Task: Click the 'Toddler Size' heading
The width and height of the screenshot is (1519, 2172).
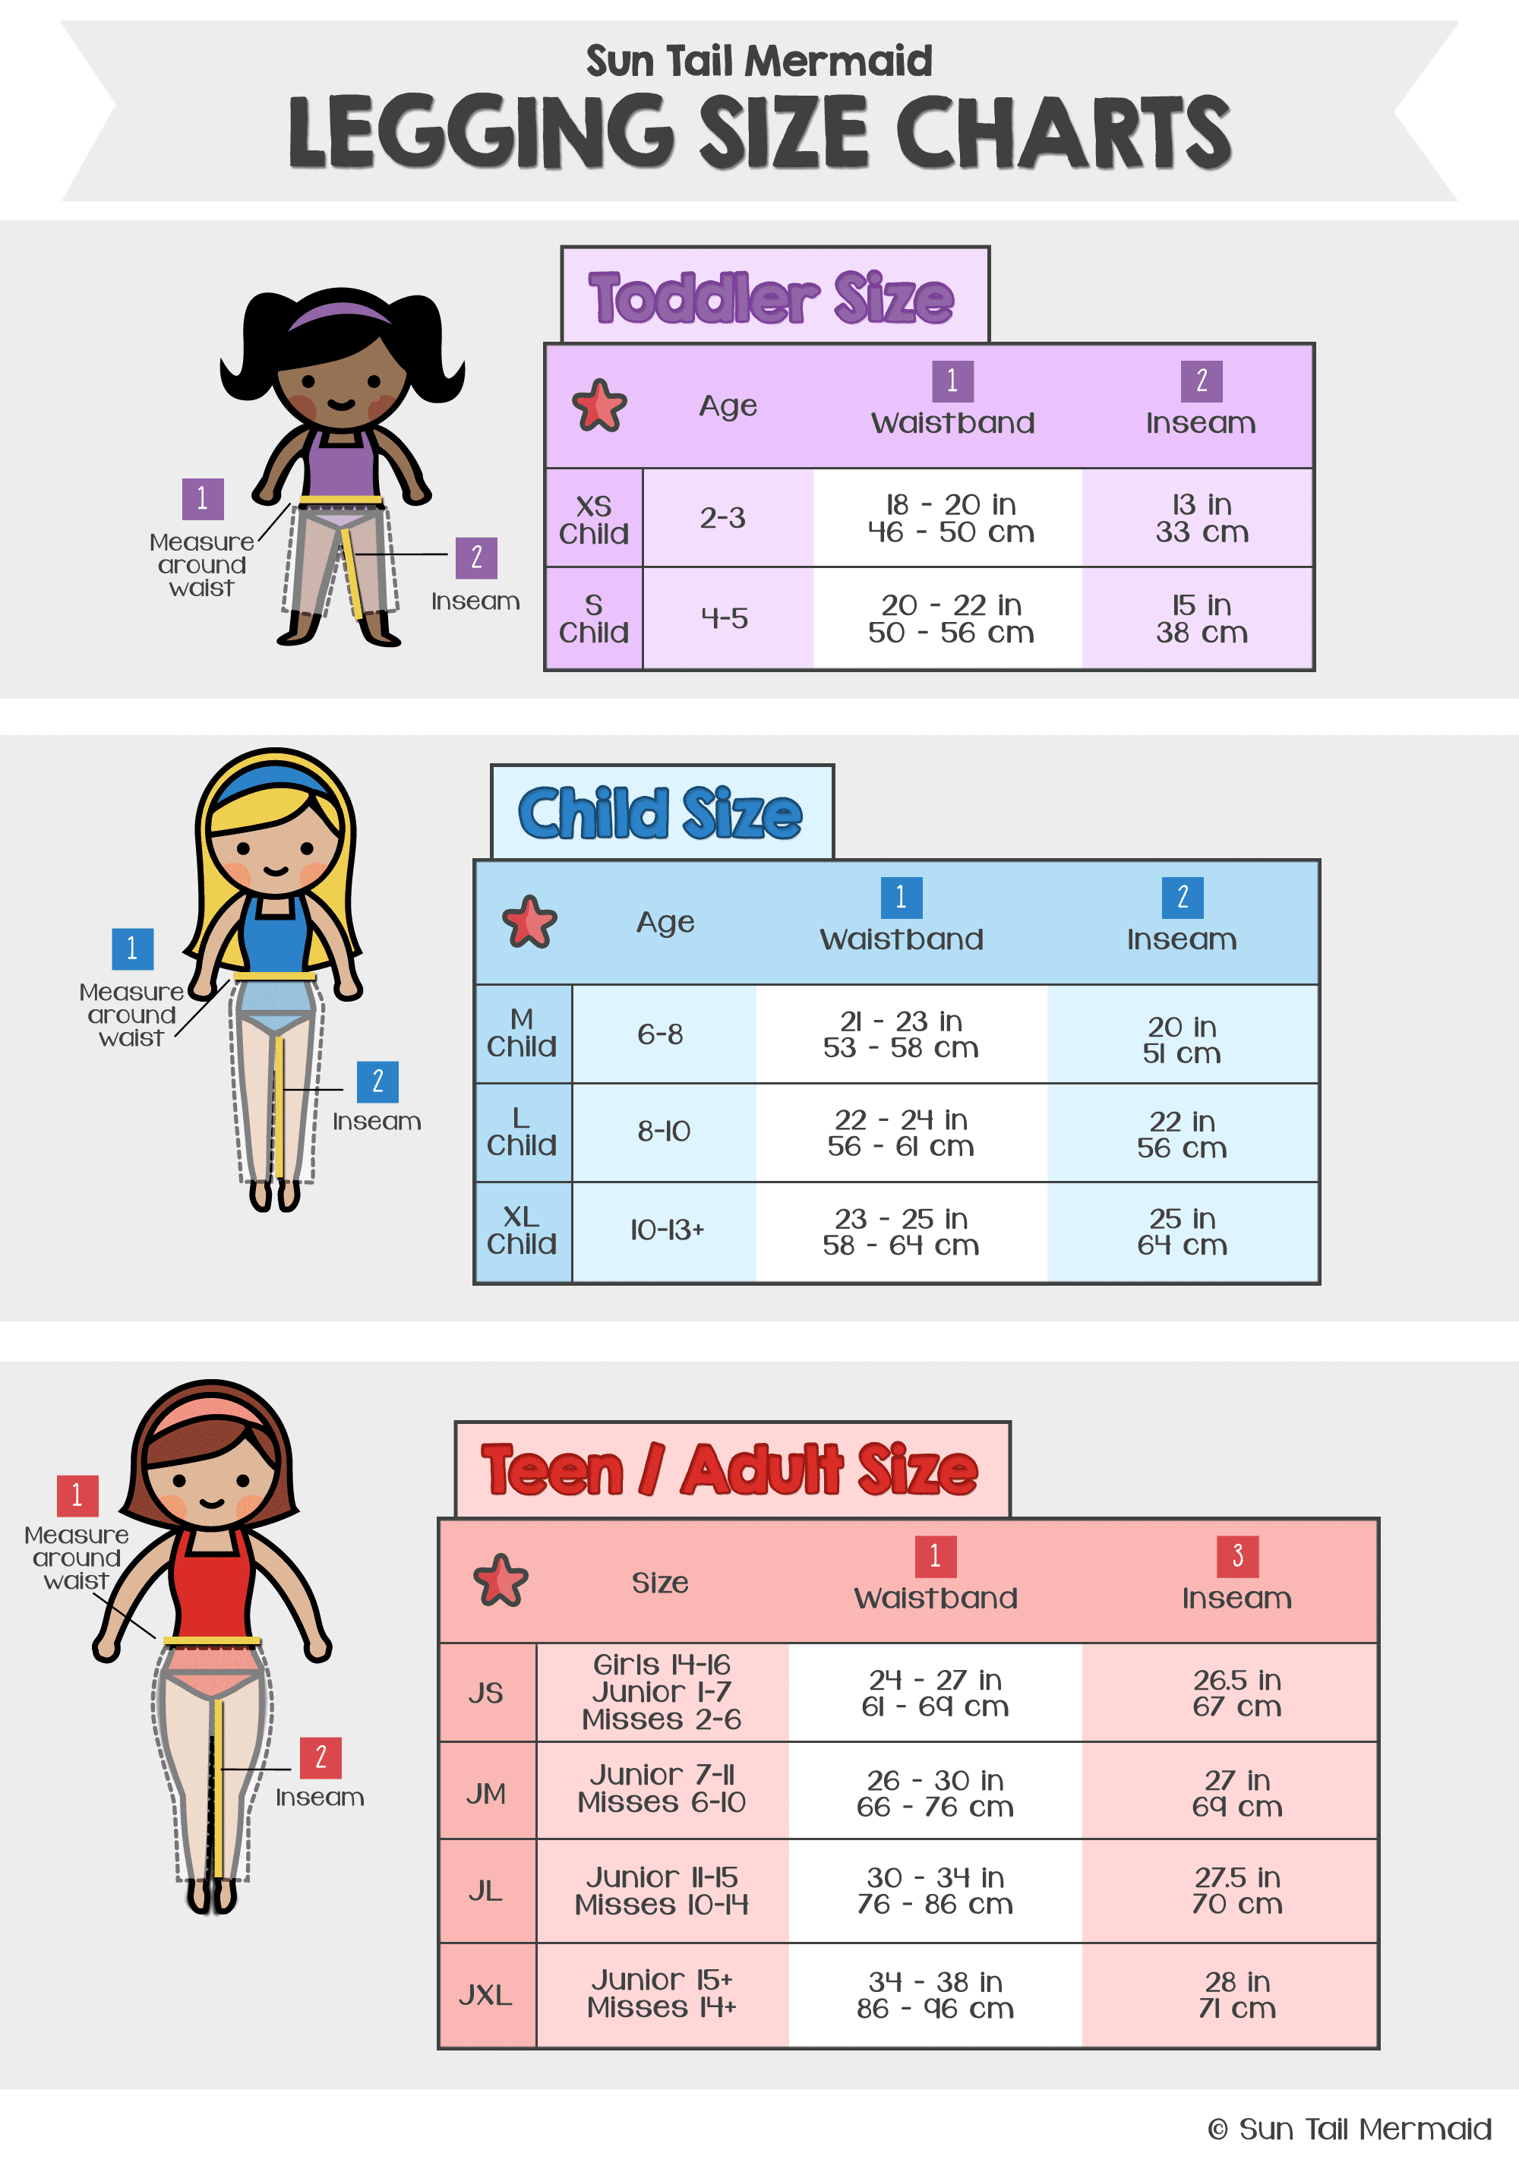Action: [771, 297]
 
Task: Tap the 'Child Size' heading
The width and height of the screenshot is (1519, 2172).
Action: [659, 813]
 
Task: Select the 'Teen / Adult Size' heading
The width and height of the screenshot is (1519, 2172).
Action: [729, 1470]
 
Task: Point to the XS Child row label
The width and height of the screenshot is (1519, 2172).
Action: [593, 519]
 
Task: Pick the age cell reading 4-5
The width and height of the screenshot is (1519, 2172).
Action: [725, 619]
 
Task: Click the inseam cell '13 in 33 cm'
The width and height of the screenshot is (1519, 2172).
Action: [1202, 519]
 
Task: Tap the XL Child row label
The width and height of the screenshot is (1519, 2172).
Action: [521, 1231]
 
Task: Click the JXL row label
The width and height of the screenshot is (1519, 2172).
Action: [485, 1995]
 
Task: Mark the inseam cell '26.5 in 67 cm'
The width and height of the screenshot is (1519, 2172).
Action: [1236, 1694]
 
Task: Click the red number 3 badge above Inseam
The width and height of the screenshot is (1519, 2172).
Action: [1237, 1556]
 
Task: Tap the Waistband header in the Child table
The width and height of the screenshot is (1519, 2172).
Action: [902, 939]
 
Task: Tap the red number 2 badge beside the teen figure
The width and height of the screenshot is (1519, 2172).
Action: [321, 1757]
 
